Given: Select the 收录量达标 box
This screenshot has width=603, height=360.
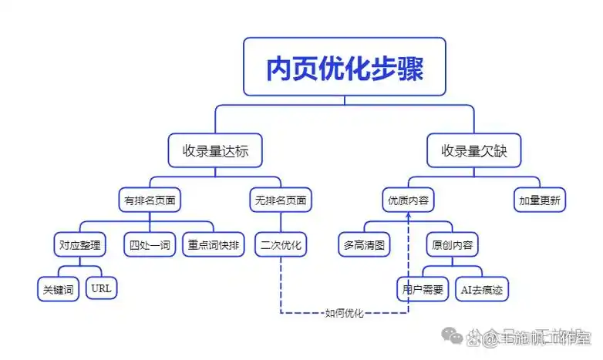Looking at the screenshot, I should (x=214, y=150).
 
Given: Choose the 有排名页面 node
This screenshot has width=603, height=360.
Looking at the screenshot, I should (x=150, y=200).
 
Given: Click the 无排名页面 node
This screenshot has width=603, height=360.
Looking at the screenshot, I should (x=280, y=200).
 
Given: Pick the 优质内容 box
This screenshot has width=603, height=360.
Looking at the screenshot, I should (x=408, y=200).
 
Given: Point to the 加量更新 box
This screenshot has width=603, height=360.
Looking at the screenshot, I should (x=540, y=200).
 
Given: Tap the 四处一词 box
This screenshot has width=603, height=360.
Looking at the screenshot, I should (x=150, y=245).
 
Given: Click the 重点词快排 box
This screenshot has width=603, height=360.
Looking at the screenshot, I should (x=214, y=245).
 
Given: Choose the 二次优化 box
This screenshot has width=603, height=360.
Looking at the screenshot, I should (x=281, y=245).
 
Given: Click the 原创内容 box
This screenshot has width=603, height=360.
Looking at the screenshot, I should (x=450, y=245).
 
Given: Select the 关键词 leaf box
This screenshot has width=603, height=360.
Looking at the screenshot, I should (x=59, y=289).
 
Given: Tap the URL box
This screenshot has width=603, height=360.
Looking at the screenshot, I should (x=101, y=289).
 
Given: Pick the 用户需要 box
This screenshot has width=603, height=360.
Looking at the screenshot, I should (x=422, y=289).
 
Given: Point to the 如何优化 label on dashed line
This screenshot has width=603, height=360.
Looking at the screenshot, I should (x=344, y=312).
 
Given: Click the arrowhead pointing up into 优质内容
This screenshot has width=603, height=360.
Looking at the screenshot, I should (x=408, y=218).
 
